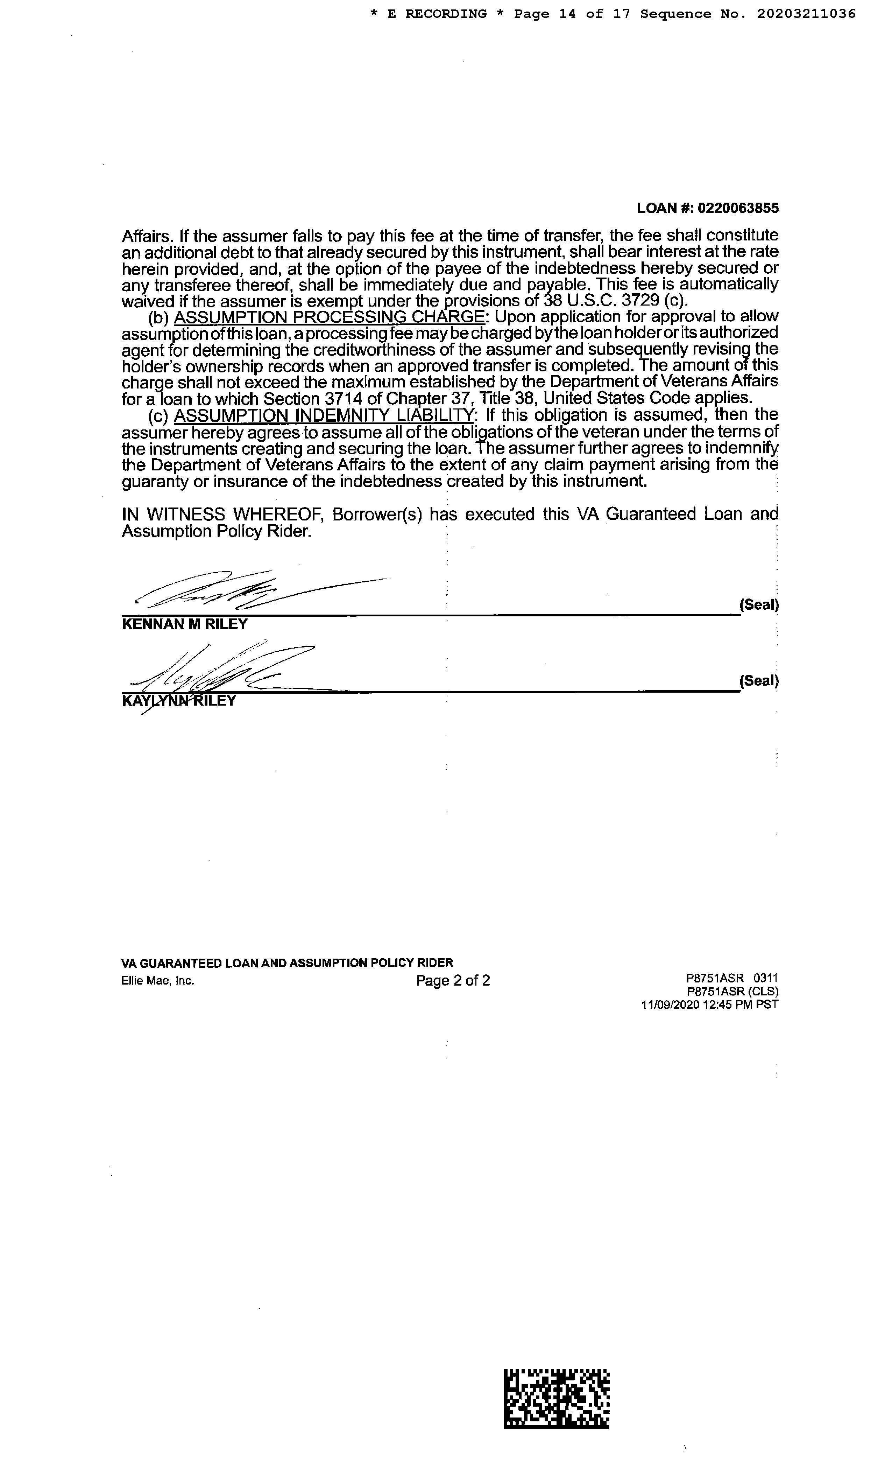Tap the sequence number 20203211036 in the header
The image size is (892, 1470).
click(806, 14)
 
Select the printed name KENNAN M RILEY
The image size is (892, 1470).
click(184, 624)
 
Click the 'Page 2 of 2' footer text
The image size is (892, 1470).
click(453, 980)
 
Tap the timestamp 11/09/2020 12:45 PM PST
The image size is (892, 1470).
click(709, 1004)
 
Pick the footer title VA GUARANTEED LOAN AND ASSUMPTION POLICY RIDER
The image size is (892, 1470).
click(287, 962)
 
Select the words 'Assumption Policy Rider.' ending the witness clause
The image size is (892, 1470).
click(217, 531)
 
